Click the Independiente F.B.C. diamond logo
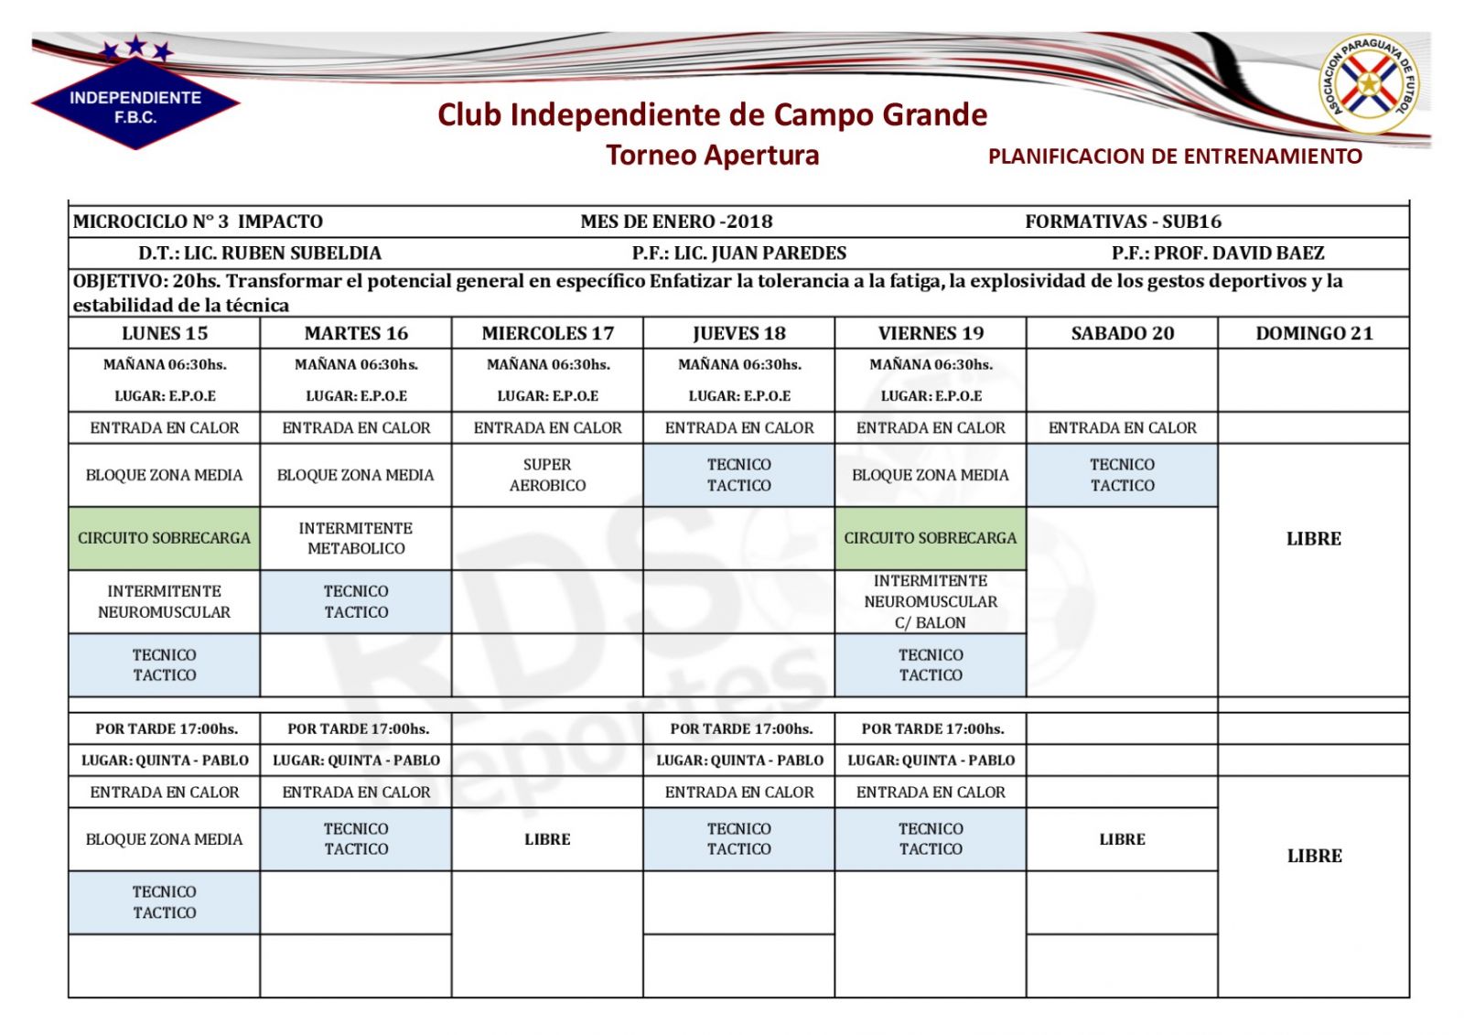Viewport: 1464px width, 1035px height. point(135,102)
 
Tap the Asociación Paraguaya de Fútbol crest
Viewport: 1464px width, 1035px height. point(1369,84)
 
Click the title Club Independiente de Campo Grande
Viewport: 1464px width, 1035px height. point(712,114)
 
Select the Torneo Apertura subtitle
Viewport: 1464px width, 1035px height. point(712,155)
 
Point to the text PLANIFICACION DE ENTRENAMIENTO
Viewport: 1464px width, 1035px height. point(1175,156)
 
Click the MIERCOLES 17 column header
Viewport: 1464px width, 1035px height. point(547,333)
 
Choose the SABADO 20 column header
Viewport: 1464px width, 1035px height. point(1122,333)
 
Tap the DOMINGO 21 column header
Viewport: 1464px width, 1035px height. point(1314,333)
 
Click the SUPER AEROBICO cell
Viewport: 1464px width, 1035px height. point(547,475)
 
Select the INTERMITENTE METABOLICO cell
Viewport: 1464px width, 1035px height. point(356,538)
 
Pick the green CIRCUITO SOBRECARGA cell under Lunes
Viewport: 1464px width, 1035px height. point(165,538)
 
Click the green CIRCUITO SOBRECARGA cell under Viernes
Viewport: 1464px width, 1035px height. point(931,538)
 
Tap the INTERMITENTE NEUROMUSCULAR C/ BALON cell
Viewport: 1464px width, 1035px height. point(931,601)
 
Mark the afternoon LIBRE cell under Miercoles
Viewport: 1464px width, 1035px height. point(547,839)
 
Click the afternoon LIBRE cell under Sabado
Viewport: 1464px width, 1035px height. point(1122,839)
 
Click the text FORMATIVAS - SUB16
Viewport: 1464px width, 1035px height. point(1123,221)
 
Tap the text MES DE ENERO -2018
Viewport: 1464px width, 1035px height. point(676,221)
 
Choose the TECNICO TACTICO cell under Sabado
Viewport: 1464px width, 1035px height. point(1122,475)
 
